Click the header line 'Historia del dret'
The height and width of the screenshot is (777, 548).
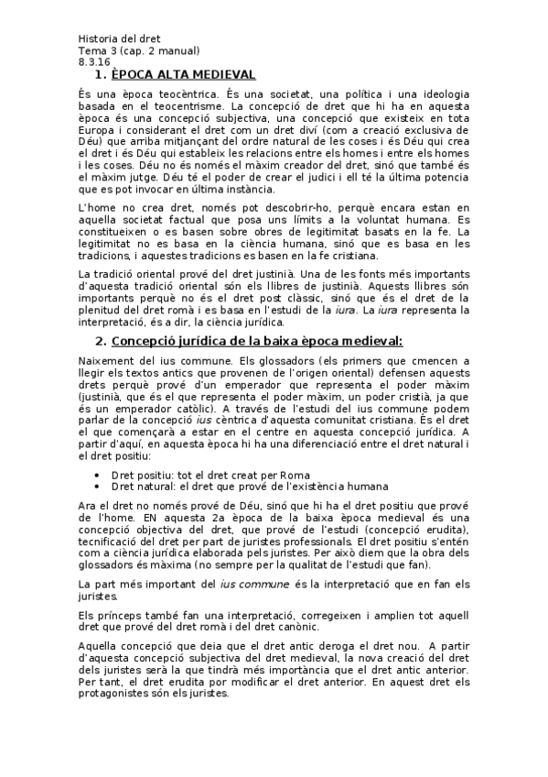point(119,39)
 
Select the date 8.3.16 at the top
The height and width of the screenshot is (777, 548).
point(93,61)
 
